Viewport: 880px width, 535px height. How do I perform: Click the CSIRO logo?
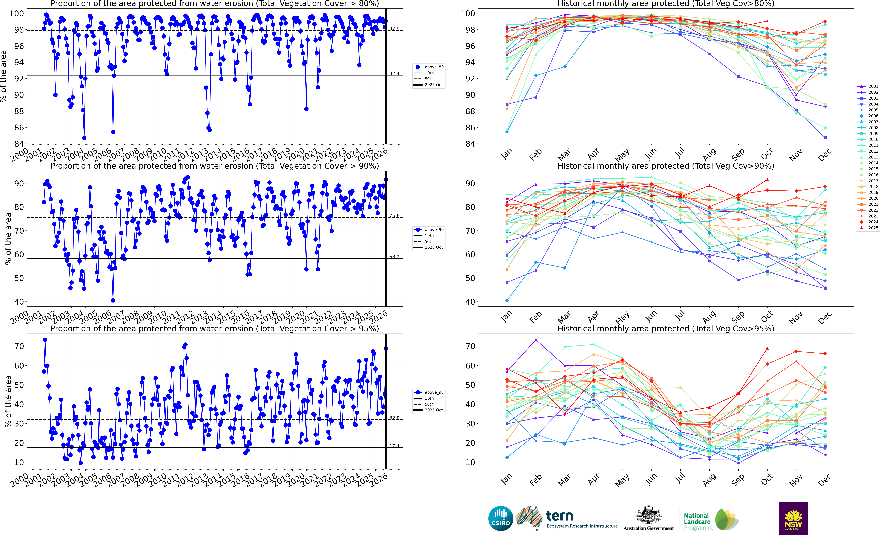[501, 518]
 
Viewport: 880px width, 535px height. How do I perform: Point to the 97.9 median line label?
[394, 29]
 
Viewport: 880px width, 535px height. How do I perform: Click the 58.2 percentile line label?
[394, 257]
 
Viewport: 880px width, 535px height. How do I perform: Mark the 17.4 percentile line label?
[394, 446]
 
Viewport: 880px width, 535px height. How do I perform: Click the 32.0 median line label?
[394, 418]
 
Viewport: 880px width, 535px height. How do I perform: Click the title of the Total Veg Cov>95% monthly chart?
[666, 329]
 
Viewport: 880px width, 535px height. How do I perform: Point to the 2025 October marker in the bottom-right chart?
[767, 348]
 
